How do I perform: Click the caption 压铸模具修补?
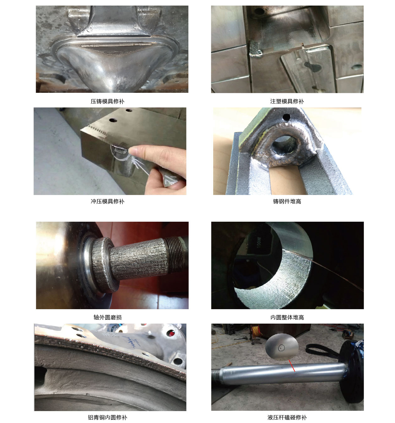tap(107, 101)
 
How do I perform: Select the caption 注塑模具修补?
tap(287, 101)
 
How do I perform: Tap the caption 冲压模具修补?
tap(107, 201)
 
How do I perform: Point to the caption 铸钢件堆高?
tap(287, 201)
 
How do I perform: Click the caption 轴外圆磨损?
tap(107, 317)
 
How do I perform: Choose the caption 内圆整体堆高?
tap(287, 317)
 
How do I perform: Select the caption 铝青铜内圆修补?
tap(107, 417)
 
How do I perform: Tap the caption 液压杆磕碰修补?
tap(287, 417)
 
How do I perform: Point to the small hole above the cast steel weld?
tap(286, 117)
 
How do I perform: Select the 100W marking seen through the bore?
tap(258, 243)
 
